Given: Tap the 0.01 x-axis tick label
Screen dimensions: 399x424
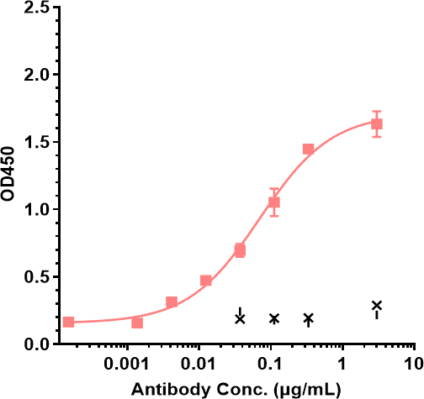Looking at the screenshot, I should pyautogui.click(x=199, y=366).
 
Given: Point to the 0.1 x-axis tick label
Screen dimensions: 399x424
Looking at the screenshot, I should pyautogui.click(x=270, y=366).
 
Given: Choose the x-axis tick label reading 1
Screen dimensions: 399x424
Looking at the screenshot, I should pyautogui.click(x=342, y=366).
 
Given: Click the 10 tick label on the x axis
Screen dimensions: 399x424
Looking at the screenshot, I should pyautogui.click(x=412, y=366).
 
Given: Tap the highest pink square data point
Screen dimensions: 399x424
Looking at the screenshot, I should pyautogui.click(x=377, y=124).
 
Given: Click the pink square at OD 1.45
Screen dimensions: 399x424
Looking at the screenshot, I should pyautogui.click(x=308, y=149).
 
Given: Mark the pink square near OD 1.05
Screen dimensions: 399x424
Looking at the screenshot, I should pyautogui.click(x=273, y=202).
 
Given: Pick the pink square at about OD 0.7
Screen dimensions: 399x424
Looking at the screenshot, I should pyautogui.click(x=240, y=250).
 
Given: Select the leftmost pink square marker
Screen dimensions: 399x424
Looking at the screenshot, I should pyautogui.click(x=68, y=322).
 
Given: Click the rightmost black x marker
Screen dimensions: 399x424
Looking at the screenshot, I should pyautogui.click(x=377, y=305).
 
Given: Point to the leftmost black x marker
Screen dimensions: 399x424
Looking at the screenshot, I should pyautogui.click(x=240, y=318).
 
